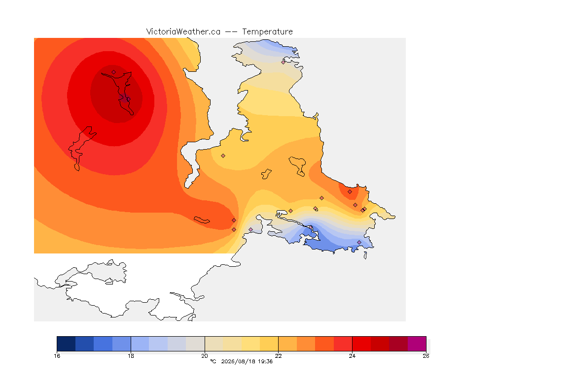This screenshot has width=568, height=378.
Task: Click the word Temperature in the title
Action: [267, 32]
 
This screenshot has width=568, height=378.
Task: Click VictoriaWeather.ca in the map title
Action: [183, 32]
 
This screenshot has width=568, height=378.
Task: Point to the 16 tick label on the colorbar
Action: [57, 356]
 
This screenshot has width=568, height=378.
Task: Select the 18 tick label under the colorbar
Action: [131, 356]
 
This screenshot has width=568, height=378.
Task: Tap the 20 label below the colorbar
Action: [205, 356]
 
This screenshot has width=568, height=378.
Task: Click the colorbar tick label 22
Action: [278, 356]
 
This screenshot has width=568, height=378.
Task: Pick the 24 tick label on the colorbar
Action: [352, 356]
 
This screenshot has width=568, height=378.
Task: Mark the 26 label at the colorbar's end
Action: [426, 356]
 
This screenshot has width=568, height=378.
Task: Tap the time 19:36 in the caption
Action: [265, 361]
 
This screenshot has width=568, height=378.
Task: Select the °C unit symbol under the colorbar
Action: [213, 361]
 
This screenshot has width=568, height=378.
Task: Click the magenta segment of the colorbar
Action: [417, 344]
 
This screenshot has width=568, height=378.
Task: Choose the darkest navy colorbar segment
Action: [66, 344]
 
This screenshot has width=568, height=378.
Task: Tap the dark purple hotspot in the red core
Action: [125, 98]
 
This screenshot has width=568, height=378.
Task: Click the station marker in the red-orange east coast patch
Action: [350, 192]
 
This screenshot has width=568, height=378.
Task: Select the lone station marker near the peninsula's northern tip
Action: [284, 62]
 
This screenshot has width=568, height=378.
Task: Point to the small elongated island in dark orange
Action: [202, 220]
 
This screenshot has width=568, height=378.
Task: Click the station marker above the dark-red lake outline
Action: [114, 72]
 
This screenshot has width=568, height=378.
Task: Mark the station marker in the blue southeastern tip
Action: [359, 242]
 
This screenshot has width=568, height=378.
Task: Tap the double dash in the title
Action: [231, 32]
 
